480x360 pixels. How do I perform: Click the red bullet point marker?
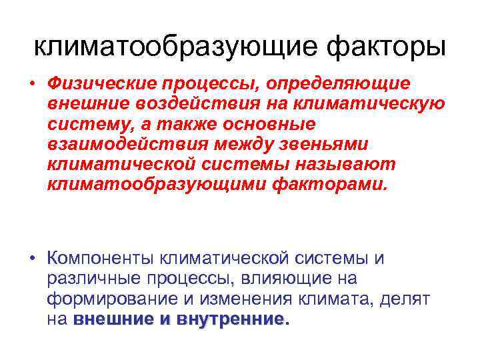point(31,85)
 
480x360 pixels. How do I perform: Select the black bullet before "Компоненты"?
point(31,258)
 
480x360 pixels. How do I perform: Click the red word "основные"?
point(276,125)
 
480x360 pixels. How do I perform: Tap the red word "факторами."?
point(329,184)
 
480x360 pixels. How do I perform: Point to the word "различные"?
point(86,279)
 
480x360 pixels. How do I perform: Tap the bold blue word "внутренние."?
point(233,319)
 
